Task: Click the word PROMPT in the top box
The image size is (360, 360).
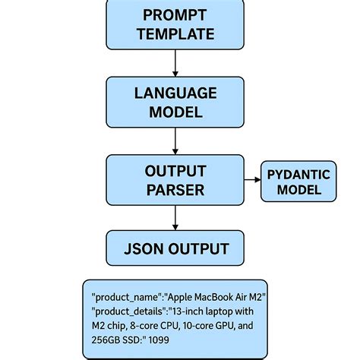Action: [175, 15]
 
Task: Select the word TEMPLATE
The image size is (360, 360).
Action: [175, 34]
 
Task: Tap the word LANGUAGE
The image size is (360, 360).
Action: [175, 93]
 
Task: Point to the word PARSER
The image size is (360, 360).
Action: [175, 190]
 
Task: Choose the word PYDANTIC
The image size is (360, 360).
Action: [298, 175]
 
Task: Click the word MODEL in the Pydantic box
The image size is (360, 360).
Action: [298, 190]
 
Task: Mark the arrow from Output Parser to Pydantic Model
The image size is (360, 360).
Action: [252, 181]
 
